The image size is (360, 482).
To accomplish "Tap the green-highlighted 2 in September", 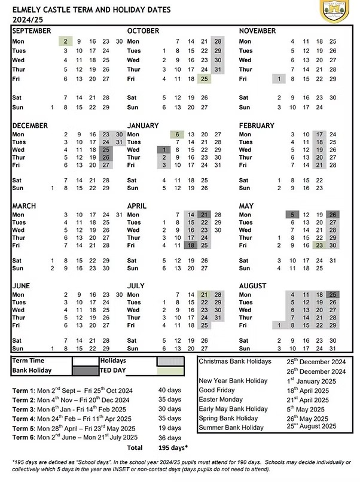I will [65, 41].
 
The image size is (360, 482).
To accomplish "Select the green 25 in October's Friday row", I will [205, 79].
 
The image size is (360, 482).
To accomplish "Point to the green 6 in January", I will [178, 135].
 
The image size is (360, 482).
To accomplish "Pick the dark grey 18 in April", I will [191, 245].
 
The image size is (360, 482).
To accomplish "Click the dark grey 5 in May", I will [292, 215].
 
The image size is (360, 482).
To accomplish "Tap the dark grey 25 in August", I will [332, 295].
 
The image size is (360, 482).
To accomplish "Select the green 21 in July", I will [205, 295].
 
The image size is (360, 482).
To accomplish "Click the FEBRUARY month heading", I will [257, 126].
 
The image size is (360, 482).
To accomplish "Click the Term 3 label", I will [23, 409].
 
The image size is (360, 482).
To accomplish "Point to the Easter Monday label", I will [221, 399].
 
